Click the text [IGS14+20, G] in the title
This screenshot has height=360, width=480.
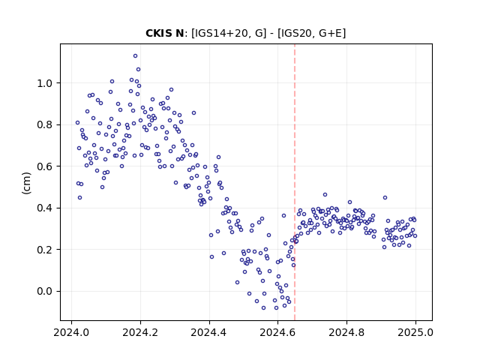(229, 33)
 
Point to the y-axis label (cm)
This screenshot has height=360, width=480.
(27, 183)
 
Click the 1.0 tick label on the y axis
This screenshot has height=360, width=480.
(46, 83)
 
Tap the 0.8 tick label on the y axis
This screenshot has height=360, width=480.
(46, 125)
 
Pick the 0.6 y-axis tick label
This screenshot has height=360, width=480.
(46, 166)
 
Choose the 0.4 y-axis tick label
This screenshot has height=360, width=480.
(46, 208)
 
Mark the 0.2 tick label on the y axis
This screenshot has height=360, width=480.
(46, 250)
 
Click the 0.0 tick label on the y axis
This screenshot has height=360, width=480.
(46, 292)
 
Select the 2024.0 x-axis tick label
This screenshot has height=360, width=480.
(71, 332)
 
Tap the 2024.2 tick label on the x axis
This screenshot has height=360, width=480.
(140, 332)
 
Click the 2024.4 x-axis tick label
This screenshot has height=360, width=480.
(209, 332)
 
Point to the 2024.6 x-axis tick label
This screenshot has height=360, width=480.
(277, 332)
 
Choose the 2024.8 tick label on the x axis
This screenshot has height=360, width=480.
(346, 332)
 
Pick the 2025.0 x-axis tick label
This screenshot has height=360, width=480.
(415, 332)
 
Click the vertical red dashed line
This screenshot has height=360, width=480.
(295, 182)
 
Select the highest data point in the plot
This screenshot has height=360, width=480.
(135, 56)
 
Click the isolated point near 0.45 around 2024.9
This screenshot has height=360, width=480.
(385, 198)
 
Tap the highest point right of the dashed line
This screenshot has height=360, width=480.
(325, 195)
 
